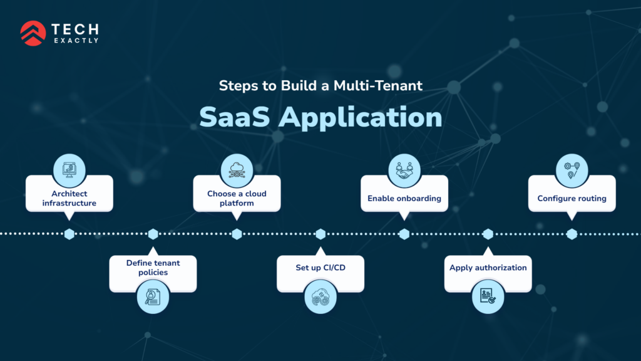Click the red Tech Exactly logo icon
click(x=33, y=33)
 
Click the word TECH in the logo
click(x=76, y=28)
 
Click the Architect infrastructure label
click(x=69, y=198)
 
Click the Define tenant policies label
click(x=153, y=268)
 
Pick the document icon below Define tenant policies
click(x=153, y=297)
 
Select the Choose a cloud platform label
click(x=237, y=198)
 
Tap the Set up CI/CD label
click(x=320, y=268)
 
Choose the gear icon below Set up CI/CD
click(x=320, y=297)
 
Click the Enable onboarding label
click(x=404, y=198)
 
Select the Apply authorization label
click(x=488, y=268)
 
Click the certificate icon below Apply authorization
click(x=488, y=297)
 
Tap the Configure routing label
click(x=572, y=198)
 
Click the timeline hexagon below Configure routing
click(x=572, y=234)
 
